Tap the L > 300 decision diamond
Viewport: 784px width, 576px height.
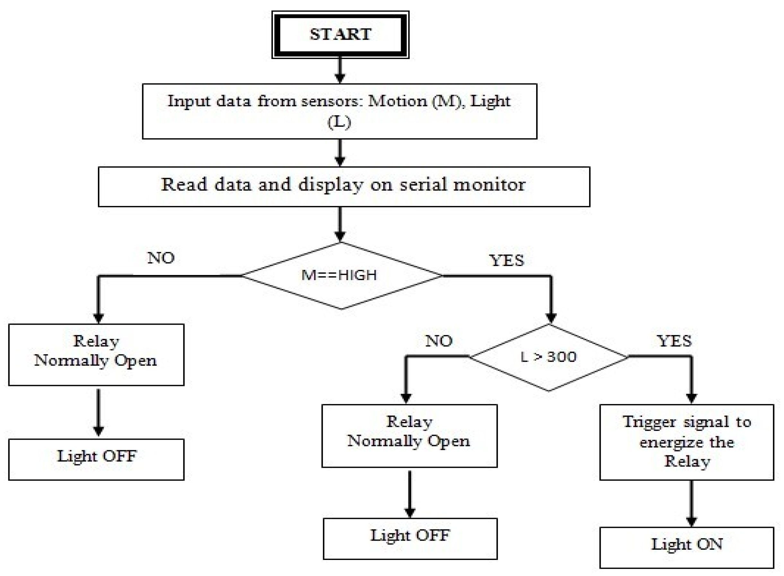[548, 357]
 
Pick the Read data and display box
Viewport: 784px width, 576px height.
[344, 186]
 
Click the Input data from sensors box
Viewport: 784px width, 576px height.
[339, 111]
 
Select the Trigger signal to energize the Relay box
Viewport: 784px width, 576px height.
[686, 442]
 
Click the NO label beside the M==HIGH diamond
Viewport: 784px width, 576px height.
[161, 258]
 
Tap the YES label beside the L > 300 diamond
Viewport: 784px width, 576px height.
[674, 341]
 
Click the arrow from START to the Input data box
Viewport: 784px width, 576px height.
[340, 71]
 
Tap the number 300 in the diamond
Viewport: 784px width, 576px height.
[562, 357]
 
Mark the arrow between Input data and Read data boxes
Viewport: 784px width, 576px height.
[340, 153]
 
